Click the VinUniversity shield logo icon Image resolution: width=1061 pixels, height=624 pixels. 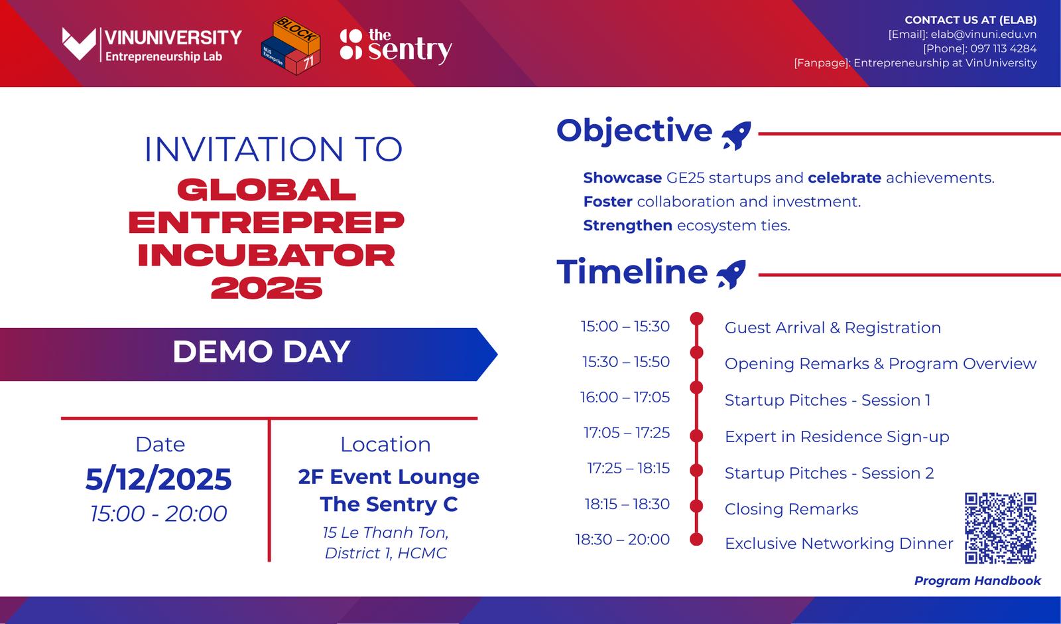coord(79,44)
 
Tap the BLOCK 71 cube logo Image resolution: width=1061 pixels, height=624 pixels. coord(290,46)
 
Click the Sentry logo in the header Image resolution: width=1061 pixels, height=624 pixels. coord(396,46)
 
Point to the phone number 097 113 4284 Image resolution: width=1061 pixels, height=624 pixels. coord(1003,48)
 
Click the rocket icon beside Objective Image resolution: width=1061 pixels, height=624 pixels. coord(737,135)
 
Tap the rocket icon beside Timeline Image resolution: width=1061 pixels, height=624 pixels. coord(731,275)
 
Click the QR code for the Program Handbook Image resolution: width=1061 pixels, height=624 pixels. coord(1001,528)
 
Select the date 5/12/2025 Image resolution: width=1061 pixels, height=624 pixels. coord(158,479)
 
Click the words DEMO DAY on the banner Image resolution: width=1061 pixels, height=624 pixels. coord(261,352)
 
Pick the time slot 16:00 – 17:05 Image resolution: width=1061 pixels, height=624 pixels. coord(625,397)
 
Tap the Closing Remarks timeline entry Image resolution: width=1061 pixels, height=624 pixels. coord(791,508)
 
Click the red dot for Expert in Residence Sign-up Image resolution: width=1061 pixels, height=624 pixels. coord(696,435)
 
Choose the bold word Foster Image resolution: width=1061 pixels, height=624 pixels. coord(607,202)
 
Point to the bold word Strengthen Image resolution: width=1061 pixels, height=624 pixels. coord(627,225)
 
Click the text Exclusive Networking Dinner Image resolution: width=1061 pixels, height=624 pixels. coord(839,544)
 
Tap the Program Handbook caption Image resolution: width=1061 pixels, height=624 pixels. coord(977,581)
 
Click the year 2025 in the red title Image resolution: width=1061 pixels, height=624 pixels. coord(267,288)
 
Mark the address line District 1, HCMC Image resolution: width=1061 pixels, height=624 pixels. coord(385,553)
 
